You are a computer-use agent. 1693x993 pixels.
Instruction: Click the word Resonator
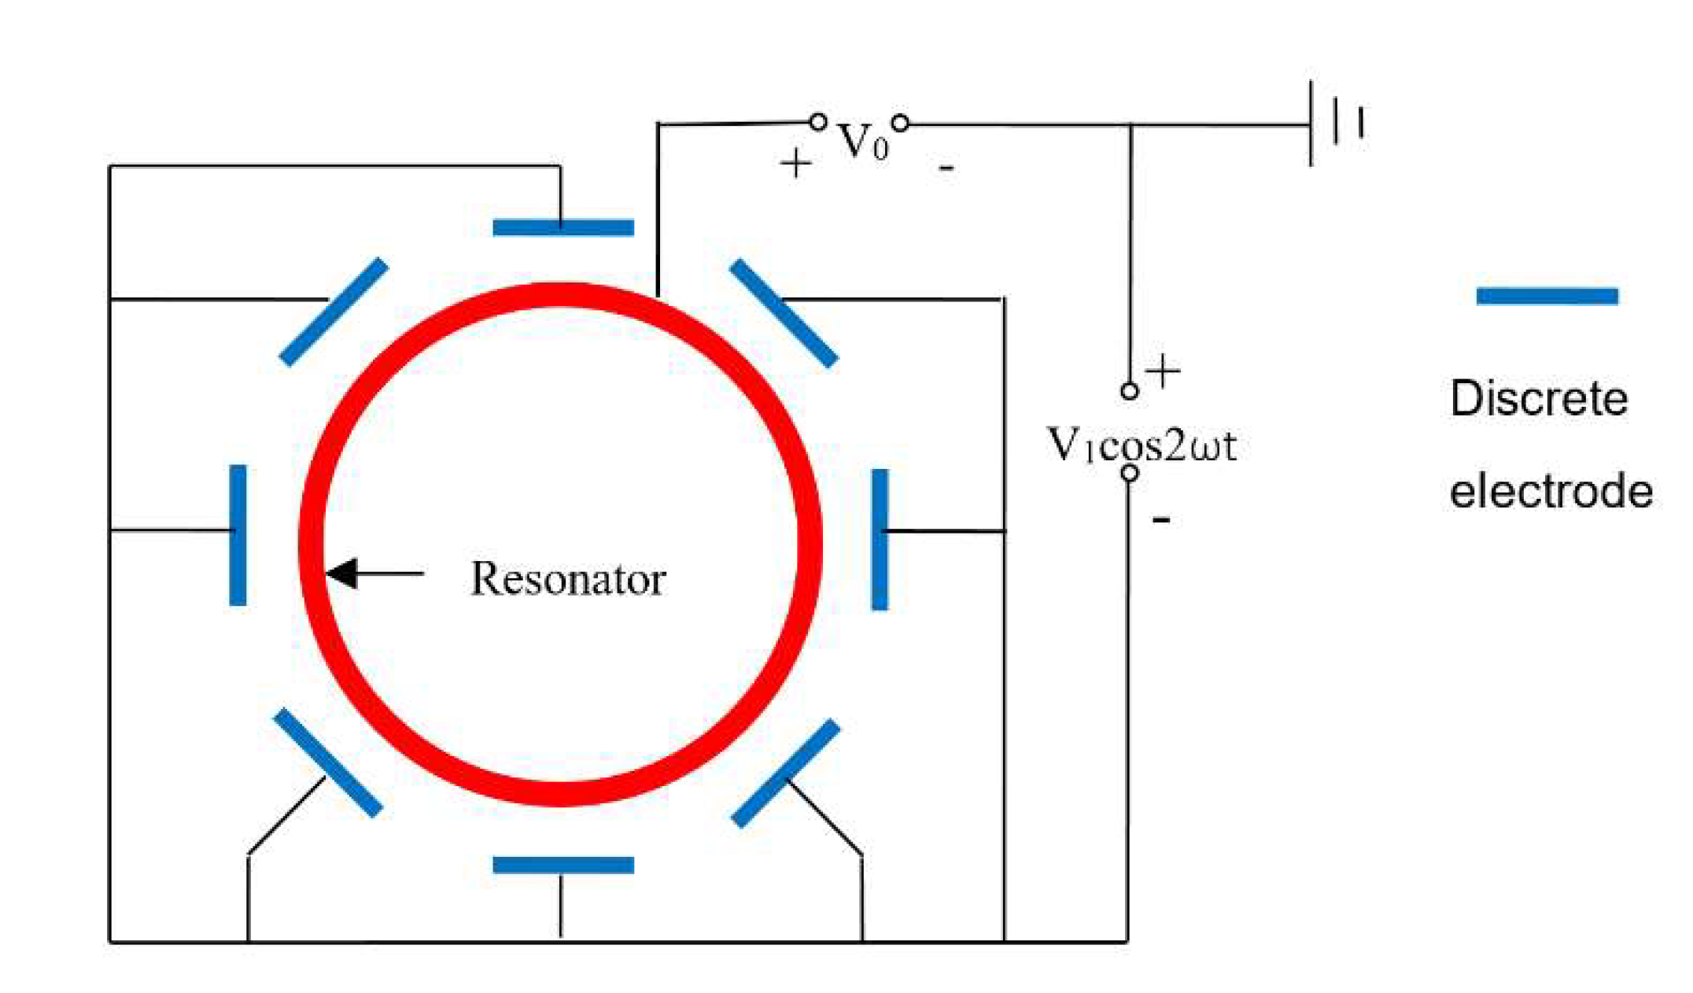click(568, 579)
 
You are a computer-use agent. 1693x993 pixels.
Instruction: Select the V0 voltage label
click(862, 142)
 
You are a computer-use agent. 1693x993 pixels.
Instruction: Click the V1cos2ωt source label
click(1142, 445)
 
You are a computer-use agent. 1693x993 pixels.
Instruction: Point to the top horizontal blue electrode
click(563, 227)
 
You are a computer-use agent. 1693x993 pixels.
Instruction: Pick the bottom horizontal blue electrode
click(563, 866)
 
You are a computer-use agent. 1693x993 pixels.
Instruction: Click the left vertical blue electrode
click(238, 535)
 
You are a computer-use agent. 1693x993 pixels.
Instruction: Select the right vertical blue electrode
click(880, 540)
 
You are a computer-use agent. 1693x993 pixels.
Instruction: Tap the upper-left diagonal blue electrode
click(334, 312)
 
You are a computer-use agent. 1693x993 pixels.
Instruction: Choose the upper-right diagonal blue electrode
click(784, 313)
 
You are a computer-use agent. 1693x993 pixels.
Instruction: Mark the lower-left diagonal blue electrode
click(328, 762)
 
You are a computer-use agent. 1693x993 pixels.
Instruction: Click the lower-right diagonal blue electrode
click(786, 773)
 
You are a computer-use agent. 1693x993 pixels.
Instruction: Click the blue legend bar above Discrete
click(1547, 296)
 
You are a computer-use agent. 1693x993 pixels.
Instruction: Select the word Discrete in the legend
click(1539, 398)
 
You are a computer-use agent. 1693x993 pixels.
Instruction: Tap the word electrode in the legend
click(1551, 492)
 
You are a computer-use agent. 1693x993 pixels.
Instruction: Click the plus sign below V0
click(795, 164)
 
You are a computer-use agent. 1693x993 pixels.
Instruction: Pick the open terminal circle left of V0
click(818, 122)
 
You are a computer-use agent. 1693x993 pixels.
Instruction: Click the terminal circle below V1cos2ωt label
click(1130, 473)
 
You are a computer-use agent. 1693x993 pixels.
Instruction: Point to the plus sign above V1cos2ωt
click(1163, 371)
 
